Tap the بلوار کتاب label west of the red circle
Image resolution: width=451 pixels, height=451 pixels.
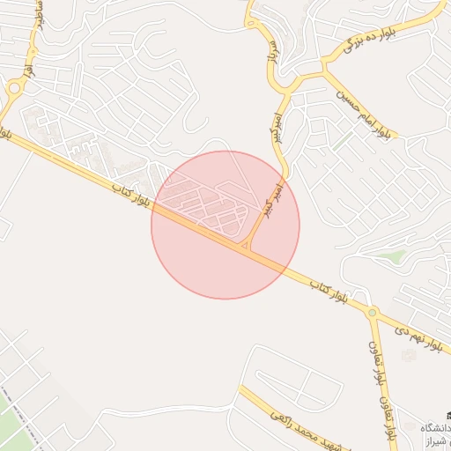[x=132, y=195]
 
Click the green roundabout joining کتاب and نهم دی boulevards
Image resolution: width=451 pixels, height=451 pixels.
[x=373, y=312]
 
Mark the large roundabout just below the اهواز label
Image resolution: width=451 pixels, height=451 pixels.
[x=13, y=87]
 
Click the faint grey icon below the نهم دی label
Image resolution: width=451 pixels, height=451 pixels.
[x=408, y=354]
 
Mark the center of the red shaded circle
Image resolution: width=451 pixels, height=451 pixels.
[x=225, y=225]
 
